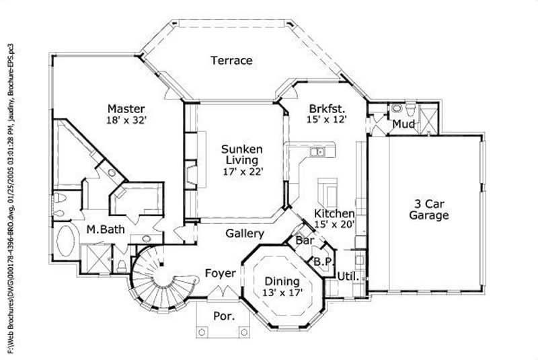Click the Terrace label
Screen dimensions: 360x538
coord(231,61)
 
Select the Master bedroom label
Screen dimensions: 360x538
coord(126,108)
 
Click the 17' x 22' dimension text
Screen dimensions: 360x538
coord(242,172)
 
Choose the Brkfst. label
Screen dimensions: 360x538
coord(327,108)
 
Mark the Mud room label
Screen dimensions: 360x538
coord(402,124)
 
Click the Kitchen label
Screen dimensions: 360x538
coord(334,213)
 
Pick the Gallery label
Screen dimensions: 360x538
coord(244,233)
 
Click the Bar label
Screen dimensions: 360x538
coord(305,240)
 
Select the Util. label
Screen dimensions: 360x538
coord(347,276)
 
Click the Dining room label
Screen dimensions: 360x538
coord(282,281)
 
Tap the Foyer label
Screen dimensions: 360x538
coord(220,273)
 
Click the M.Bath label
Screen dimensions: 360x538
coord(106,230)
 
